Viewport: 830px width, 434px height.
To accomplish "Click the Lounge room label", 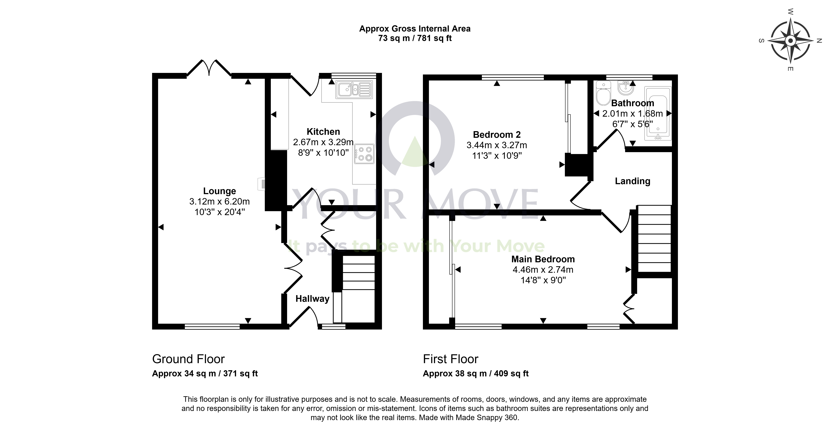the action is pos(219,191).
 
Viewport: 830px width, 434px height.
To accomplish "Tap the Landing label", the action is pos(633,181).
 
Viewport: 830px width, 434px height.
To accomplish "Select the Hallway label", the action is pos(312,299).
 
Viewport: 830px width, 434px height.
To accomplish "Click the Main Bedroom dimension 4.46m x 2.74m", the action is pos(543,270).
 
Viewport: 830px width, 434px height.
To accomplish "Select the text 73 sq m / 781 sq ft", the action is pos(415,38).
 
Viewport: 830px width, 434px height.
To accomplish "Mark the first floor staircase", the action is pos(654,239).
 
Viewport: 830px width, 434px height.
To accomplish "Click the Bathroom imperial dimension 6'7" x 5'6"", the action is pos(633,124).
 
